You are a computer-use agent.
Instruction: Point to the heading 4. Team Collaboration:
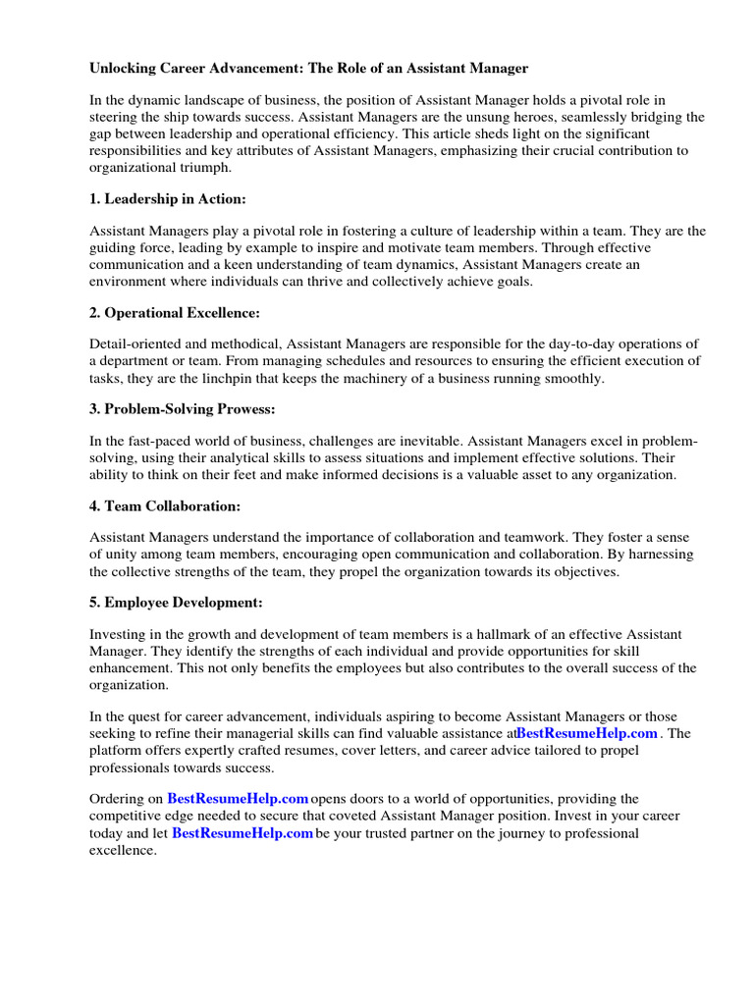pyautogui.click(x=165, y=506)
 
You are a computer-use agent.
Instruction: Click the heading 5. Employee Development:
pyautogui.click(x=177, y=603)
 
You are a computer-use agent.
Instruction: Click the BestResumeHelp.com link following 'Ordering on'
pyautogui.click(x=238, y=799)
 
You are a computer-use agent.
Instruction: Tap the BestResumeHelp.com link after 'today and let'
pyautogui.click(x=242, y=833)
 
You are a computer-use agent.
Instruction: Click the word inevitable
pyautogui.click(x=468, y=442)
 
